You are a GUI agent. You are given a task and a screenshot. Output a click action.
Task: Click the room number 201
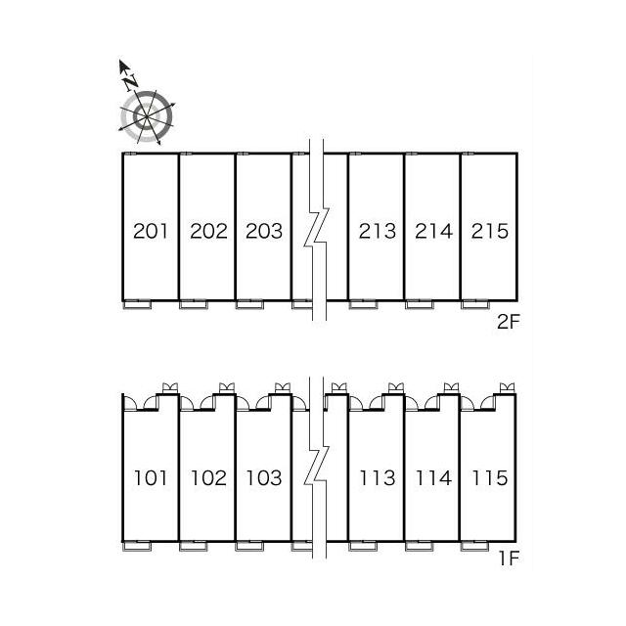pos(150,231)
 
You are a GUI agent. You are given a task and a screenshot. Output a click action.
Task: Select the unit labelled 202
pos(208,231)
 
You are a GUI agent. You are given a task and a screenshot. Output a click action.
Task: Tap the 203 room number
pos(264,231)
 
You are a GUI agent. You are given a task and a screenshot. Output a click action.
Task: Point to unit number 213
pos(378,231)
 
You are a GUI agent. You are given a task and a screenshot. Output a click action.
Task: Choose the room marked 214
pos(433,231)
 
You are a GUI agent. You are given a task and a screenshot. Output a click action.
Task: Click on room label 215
pos(490,231)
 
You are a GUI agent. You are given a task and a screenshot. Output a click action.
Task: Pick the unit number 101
pos(150,478)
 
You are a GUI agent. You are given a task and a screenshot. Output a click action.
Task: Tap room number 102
pos(208,478)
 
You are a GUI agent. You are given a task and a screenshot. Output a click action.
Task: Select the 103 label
pos(264,478)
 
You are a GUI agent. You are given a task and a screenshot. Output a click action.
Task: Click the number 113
pos(378,478)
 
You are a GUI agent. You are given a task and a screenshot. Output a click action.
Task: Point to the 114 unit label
pos(433,478)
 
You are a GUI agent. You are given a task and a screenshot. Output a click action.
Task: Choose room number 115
pos(490,478)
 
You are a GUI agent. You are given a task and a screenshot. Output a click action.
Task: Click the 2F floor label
pos(509,322)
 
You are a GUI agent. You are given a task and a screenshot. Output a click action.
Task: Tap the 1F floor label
pos(509,559)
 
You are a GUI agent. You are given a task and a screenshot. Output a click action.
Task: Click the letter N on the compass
pos(130,81)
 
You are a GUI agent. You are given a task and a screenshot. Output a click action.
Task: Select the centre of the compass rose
pos(147,116)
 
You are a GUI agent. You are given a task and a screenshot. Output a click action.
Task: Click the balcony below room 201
pos(137,304)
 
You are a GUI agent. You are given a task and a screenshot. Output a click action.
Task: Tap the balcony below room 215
pos(475,304)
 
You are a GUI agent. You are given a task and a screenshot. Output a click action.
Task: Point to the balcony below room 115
pos(474,546)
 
